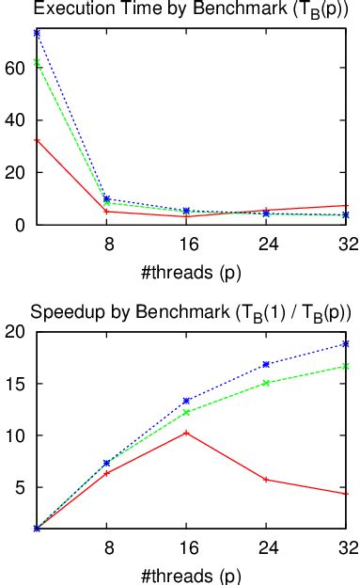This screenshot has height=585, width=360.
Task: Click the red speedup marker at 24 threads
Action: point(266,480)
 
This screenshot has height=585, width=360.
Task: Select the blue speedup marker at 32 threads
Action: point(345,344)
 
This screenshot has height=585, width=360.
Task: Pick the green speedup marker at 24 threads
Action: point(266,383)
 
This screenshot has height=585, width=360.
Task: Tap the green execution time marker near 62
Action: point(36,63)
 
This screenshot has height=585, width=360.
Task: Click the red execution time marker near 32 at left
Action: point(36,140)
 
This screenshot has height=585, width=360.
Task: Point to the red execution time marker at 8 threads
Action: point(108,212)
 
